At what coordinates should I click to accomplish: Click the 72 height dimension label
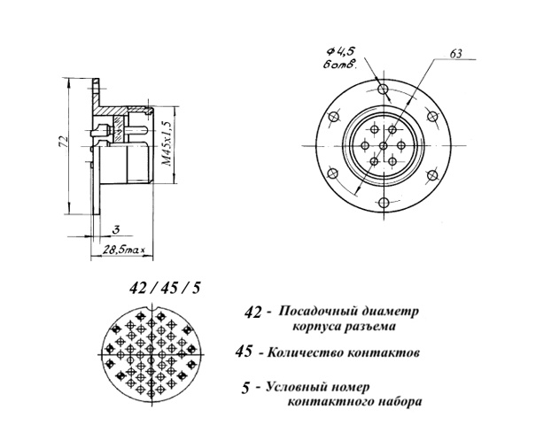[x=63, y=143]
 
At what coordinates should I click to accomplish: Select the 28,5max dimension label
[x=124, y=250]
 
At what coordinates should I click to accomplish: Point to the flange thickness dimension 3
[x=116, y=230]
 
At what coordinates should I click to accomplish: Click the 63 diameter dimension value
[x=455, y=54]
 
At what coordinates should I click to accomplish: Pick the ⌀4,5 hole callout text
[x=339, y=52]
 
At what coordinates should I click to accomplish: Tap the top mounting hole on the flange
[x=384, y=88]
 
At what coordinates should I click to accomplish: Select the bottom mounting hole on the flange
[x=384, y=202]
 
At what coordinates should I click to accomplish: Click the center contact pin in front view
[x=384, y=145]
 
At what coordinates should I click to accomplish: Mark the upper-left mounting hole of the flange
[x=333, y=116]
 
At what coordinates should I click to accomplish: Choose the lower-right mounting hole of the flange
[x=433, y=174]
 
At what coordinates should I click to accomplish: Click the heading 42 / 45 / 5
[x=165, y=289]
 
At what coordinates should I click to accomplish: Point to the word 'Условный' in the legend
[x=296, y=387]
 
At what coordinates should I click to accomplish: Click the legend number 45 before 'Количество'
[x=244, y=351]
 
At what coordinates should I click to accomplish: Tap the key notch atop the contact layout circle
[x=153, y=309]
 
